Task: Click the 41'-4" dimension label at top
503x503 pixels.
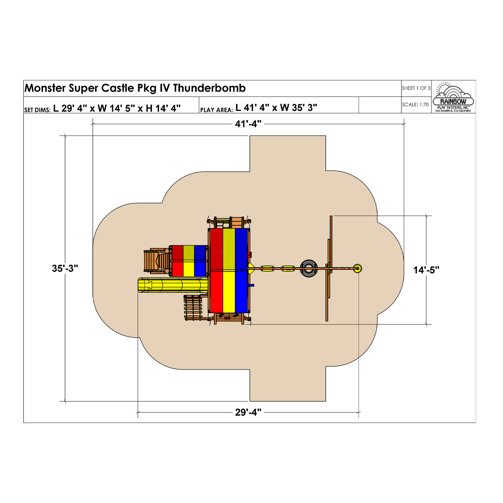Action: (248, 124)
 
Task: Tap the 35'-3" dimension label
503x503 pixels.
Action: (65, 269)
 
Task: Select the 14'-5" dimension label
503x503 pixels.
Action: (426, 270)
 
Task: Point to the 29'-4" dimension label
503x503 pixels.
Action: (248, 412)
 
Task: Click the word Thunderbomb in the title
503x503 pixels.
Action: (210, 88)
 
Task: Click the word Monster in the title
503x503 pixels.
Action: (45, 88)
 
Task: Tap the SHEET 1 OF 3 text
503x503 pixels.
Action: (416, 88)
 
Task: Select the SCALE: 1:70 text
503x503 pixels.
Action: (415, 105)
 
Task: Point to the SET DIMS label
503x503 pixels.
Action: (37, 110)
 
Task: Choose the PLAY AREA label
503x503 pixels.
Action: (216, 110)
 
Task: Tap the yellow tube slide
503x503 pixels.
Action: (173, 285)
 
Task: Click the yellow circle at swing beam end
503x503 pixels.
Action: (357, 268)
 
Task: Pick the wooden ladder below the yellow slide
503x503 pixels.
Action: (193, 308)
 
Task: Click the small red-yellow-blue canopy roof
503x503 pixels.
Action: (189, 261)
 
